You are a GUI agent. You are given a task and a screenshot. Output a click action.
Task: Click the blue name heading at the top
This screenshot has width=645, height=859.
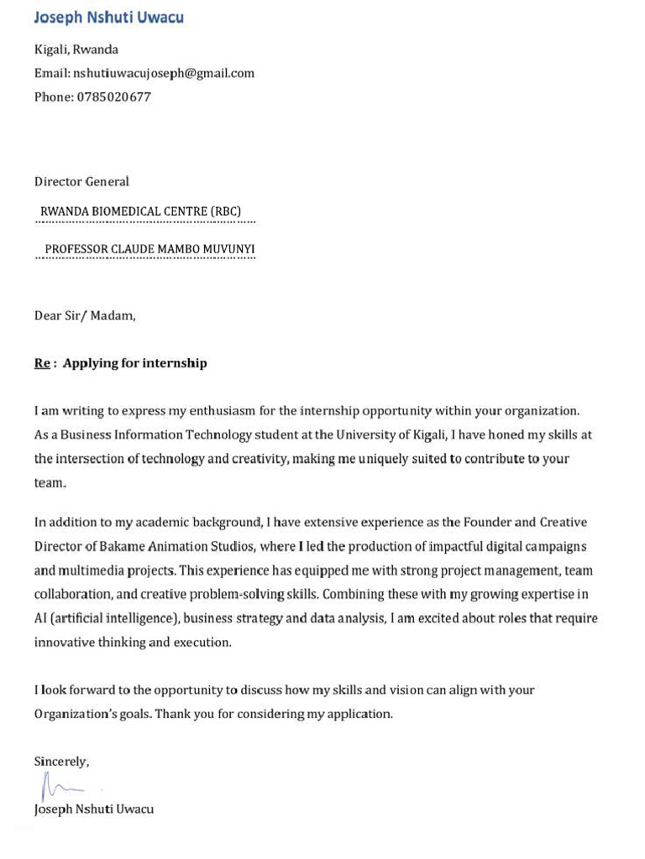[108, 18]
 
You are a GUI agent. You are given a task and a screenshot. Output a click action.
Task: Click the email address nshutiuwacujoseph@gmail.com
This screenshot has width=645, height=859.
[164, 73]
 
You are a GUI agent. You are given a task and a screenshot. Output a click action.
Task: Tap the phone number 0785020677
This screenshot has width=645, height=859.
[114, 96]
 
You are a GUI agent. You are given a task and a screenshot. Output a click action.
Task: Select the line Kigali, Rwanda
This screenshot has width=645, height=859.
[76, 49]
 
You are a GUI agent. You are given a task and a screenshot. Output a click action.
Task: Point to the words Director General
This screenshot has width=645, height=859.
[81, 181]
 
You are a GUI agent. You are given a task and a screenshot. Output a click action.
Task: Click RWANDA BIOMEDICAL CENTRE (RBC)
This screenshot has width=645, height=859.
[141, 211]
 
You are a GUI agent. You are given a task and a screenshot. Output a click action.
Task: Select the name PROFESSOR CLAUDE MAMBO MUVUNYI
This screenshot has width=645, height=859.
[149, 249]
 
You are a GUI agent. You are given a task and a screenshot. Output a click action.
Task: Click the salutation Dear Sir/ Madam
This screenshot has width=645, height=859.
[84, 315]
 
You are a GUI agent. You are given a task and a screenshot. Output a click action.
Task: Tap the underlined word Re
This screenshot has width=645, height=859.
[42, 363]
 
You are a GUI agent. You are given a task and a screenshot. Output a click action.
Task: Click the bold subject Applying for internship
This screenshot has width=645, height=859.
[134, 363]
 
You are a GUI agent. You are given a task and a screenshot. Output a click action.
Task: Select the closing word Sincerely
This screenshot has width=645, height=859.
[60, 762]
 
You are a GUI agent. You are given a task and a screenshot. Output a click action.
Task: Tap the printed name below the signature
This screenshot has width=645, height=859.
[94, 810]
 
